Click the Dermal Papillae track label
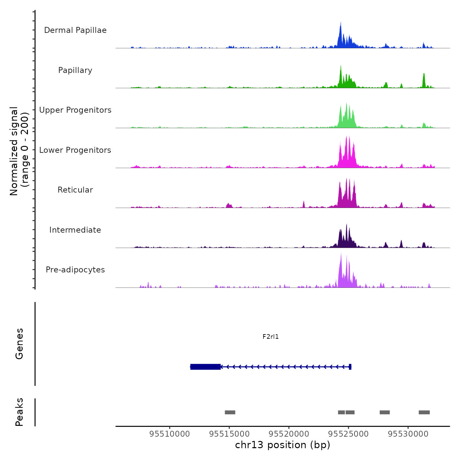75,30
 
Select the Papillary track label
75,70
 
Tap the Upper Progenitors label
75,110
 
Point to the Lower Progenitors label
75,150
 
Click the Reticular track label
75,190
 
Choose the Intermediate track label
75,230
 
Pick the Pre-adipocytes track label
75,270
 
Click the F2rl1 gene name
270,336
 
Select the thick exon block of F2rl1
205,367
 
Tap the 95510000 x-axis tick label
170,434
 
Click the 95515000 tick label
229,434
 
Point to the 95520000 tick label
289,434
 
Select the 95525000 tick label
349,434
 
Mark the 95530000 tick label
408,434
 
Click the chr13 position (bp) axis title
283,445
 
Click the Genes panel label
19,344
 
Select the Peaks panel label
19,412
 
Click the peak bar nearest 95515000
230,412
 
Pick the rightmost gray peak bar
424,412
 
